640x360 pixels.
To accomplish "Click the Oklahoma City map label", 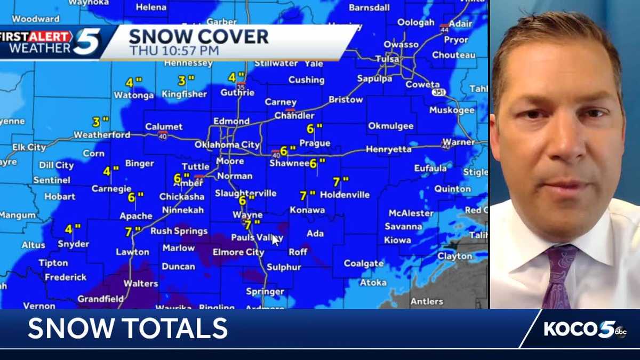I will (227, 145).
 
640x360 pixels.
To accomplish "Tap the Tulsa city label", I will (387, 59).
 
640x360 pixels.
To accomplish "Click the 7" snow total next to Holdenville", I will (340, 182).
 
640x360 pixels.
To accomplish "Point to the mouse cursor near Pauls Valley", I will (275, 240).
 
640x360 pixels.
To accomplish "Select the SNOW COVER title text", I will (198, 37).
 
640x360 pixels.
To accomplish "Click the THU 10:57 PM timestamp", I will (174, 51).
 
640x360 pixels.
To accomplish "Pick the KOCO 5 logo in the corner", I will (584, 329).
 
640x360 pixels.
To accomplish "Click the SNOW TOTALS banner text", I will (127, 328).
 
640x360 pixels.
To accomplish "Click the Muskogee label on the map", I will (452, 110).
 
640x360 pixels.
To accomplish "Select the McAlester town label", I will (411, 213).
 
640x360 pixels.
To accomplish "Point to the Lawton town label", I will (132, 252).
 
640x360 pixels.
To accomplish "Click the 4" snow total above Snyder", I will (73, 229).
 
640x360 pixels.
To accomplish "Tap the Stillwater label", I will (275, 63).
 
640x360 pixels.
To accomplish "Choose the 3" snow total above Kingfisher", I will (186, 81).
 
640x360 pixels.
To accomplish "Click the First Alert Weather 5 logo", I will (51, 42).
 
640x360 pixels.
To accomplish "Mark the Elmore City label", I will (238, 252).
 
